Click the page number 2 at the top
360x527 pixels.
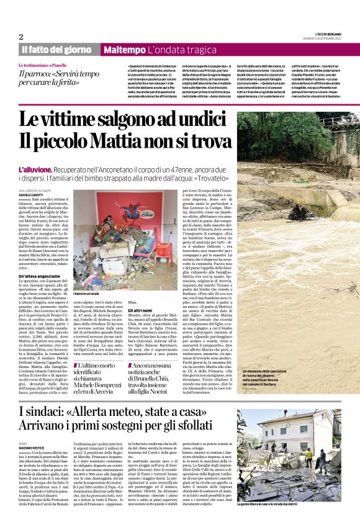pos(20,37)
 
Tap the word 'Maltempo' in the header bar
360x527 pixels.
pos(124,49)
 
